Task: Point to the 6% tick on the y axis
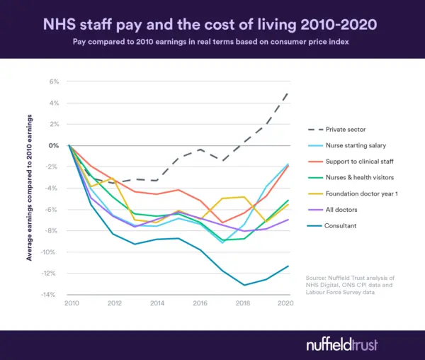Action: [x=55, y=81]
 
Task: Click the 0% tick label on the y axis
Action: [x=55, y=145]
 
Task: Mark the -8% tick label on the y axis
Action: [x=53, y=231]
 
